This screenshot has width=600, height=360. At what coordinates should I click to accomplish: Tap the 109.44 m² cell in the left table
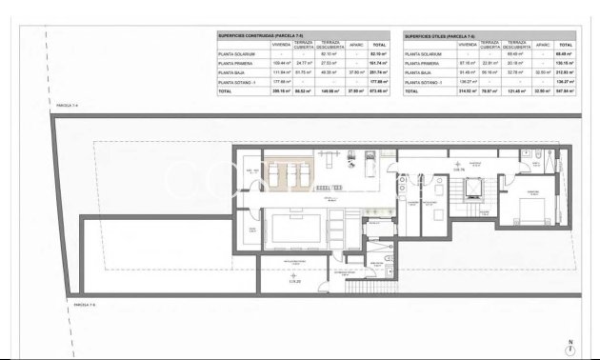[x=280, y=64]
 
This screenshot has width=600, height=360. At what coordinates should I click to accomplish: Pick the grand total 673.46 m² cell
[x=378, y=90]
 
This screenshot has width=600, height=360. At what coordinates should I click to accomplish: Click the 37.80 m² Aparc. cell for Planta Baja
[x=356, y=72]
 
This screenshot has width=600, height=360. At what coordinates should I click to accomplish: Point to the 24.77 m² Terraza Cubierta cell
[x=304, y=64]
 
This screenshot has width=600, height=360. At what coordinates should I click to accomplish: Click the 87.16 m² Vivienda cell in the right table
[x=467, y=64]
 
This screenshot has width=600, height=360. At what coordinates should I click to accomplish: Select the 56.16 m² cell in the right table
[x=490, y=72]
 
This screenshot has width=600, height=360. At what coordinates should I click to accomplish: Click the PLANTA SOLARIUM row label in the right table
[x=422, y=54]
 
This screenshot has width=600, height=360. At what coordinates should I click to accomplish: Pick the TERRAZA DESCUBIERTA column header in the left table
[x=330, y=44]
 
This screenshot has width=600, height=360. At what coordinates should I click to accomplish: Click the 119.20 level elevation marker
[x=295, y=282]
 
